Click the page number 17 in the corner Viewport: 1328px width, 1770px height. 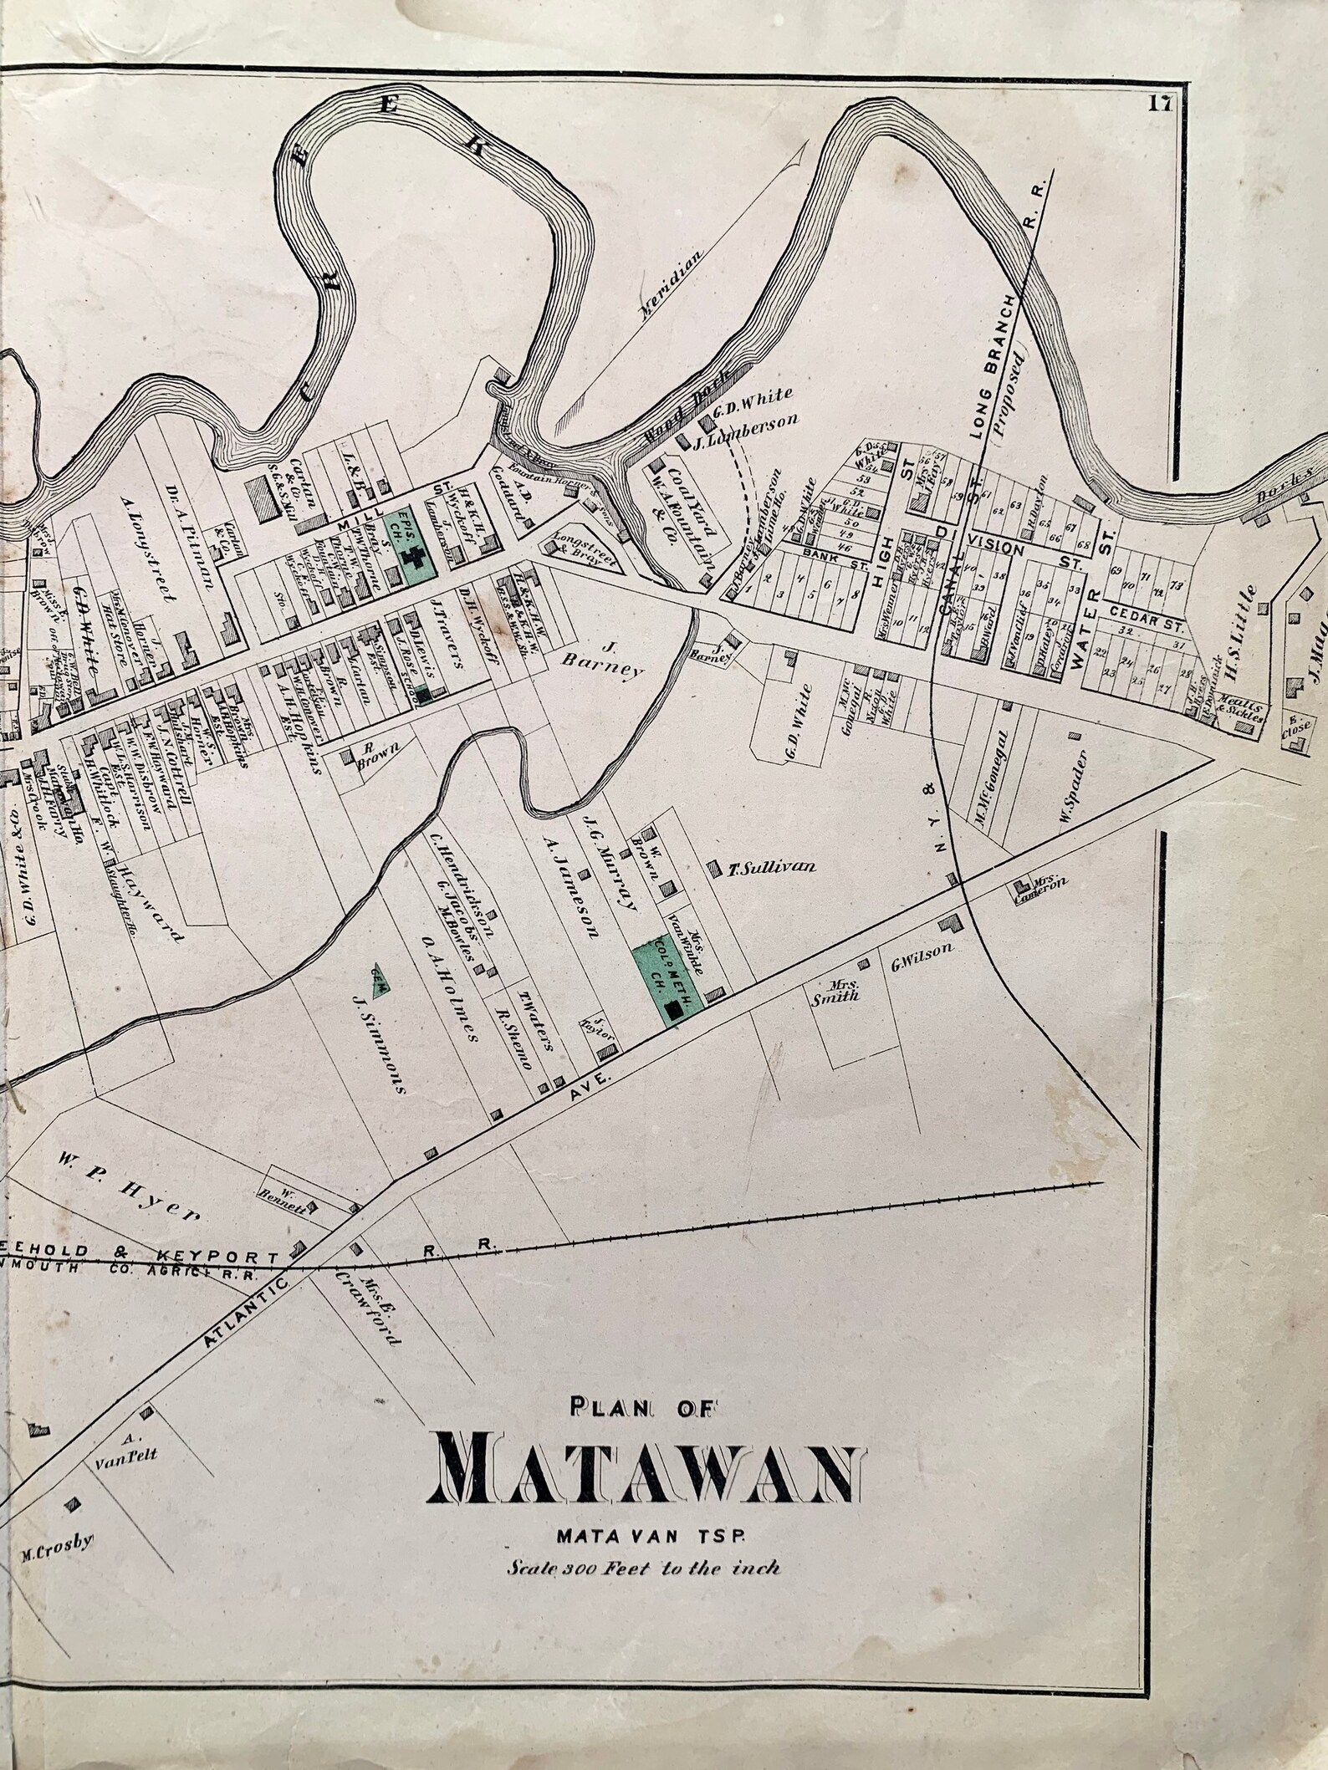[1159, 103]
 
